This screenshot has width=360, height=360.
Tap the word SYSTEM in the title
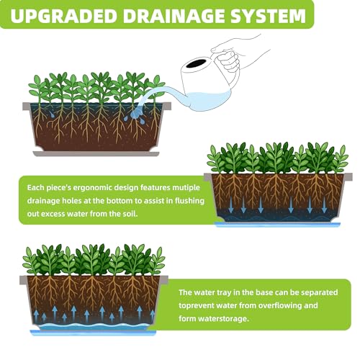pos(269,16)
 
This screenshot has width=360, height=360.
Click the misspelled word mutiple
pos(186,187)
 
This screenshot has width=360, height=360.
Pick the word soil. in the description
pos(130,214)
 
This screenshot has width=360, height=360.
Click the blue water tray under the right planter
pos(277,225)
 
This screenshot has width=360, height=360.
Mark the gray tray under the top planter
pos(96,153)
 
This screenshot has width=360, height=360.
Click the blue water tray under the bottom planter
pos(93,333)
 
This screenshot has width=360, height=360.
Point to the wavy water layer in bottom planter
pos(94,326)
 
